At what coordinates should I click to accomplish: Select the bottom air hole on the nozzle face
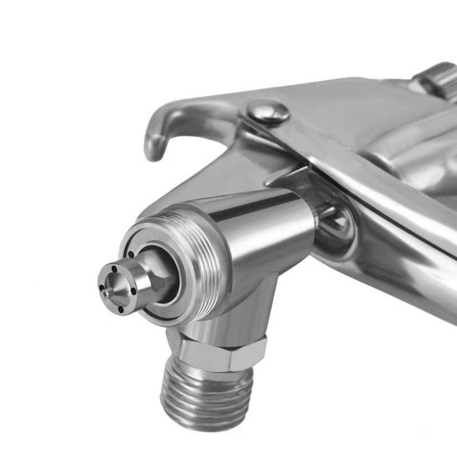pos(121,309)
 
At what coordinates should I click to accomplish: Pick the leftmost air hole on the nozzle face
pos(100,288)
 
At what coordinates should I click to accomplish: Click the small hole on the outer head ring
pos(131,254)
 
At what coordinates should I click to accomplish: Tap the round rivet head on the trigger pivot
pos(269,112)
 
